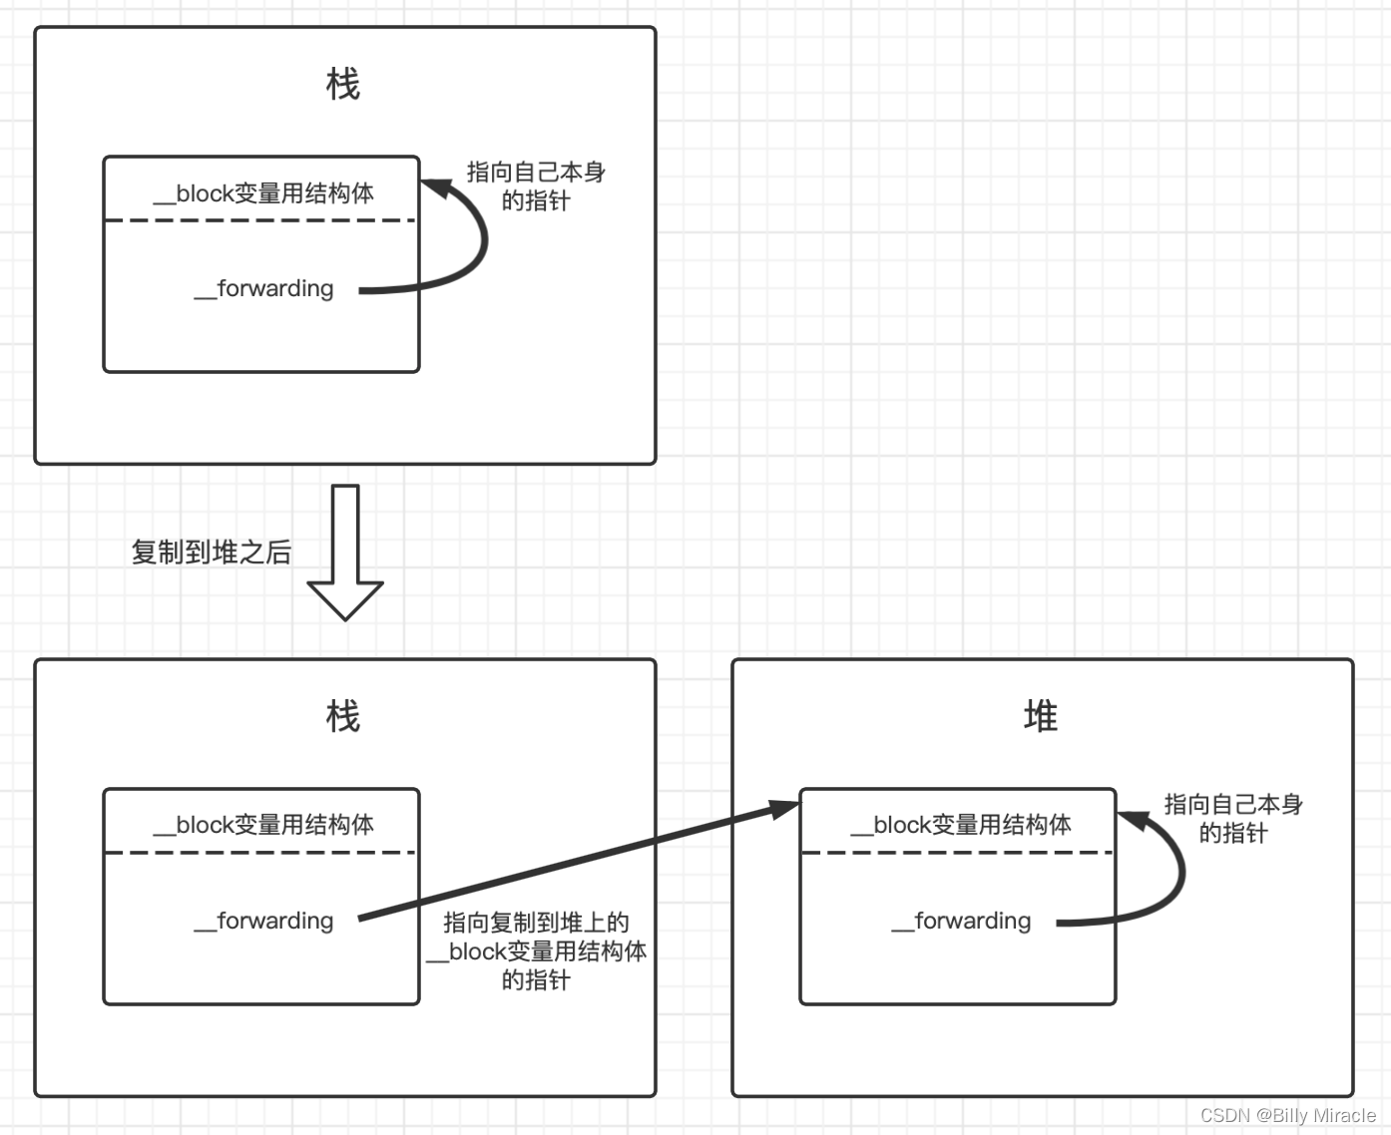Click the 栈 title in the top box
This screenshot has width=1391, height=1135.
[x=343, y=85]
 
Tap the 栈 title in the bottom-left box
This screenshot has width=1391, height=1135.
[x=343, y=716]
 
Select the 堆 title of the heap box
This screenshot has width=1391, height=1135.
[x=1041, y=716]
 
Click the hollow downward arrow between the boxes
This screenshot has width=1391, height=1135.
[x=345, y=555]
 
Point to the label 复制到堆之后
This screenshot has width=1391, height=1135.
[x=211, y=553]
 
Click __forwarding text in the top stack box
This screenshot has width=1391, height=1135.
[x=264, y=289]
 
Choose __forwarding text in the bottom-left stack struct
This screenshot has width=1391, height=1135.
[x=264, y=922]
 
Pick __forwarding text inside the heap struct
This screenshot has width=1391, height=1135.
[x=962, y=922]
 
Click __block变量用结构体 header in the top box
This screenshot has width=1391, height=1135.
[x=263, y=193]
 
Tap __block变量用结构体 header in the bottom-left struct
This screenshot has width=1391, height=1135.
[x=263, y=825]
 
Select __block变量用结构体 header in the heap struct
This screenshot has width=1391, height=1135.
[x=961, y=825]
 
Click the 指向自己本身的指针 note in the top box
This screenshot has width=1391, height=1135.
[x=536, y=187]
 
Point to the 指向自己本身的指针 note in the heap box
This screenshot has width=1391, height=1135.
[x=1233, y=818]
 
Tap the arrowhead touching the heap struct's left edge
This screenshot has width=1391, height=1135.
[x=786, y=808]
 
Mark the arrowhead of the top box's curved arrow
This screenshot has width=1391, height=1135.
[x=435, y=188]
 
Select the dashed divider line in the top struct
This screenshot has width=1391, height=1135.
[x=260, y=220]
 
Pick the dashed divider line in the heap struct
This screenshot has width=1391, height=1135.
[x=958, y=853]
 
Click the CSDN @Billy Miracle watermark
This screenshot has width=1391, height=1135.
[x=1287, y=1115]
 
